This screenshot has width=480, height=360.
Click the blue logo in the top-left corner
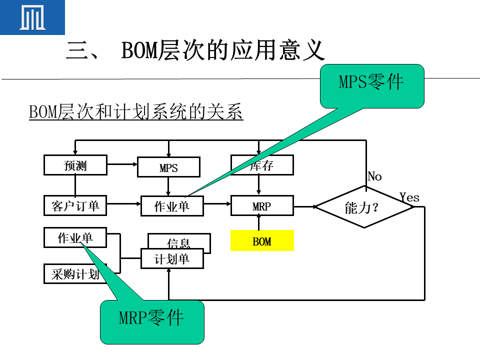[x=32, y=17]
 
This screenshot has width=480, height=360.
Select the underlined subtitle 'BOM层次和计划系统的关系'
[x=136, y=112]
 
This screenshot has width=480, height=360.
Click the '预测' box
[x=75, y=165]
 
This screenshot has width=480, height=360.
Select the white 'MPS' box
[x=168, y=168]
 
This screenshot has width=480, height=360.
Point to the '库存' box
[x=262, y=165]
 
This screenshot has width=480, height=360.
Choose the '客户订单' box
[x=75, y=205]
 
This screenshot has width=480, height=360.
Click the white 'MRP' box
[x=262, y=206]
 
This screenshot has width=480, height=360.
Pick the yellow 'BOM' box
[x=262, y=241]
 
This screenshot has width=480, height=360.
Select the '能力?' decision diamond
[x=364, y=207]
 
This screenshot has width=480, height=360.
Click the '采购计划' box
[x=75, y=274]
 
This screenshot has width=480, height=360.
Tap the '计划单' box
[x=172, y=259]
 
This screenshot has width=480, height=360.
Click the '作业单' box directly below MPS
[x=172, y=206]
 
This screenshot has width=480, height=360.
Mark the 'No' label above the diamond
[x=374, y=176]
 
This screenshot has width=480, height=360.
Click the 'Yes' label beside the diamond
[x=409, y=197]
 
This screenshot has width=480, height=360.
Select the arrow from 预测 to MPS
[x=122, y=163]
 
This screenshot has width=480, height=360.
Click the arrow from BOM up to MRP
[x=258, y=223]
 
